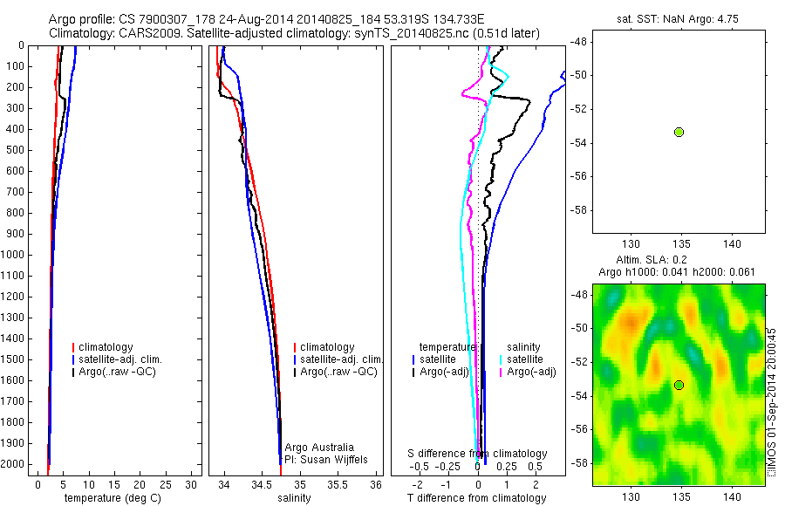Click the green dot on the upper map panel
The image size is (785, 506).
click(x=679, y=132)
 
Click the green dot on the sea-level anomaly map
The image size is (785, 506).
click(x=679, y=385)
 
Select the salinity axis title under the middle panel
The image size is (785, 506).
click(x=294, y=498)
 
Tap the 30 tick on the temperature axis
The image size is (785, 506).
click(x=191, y=484)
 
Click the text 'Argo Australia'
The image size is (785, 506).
click(x=320, y=447)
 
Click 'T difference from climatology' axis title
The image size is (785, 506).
click(x=476, y=498)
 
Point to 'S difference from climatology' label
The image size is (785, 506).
click(x=478, y=454)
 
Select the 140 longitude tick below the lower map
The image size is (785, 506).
click(x=732, y=496)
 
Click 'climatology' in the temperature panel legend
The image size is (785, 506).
click(x=106, y=347)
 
